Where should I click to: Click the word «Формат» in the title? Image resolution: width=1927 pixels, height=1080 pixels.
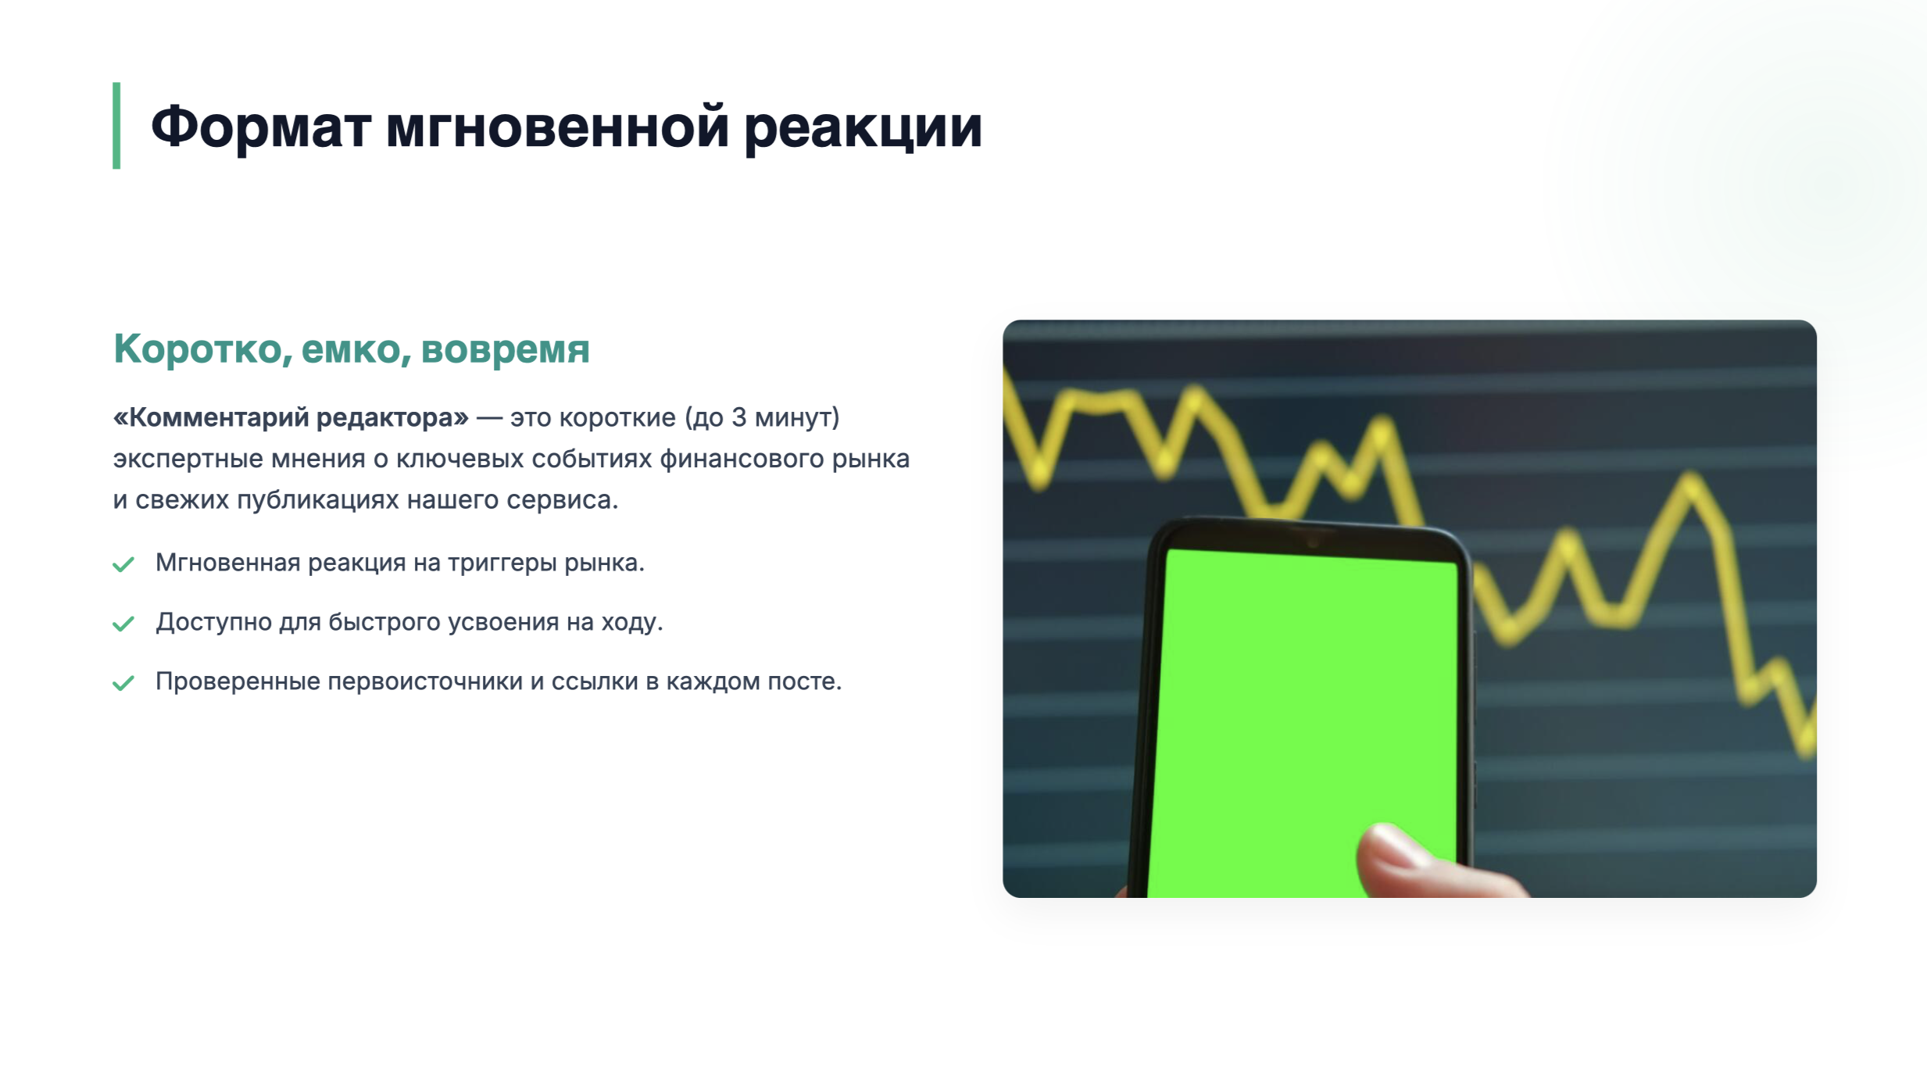coord(261,127)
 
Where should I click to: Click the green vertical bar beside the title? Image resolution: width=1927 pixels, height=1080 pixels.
coord(116,125)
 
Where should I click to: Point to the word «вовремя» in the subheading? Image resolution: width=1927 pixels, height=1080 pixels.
coord(505,349)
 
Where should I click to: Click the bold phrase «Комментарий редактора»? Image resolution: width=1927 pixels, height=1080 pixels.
coord(291,418)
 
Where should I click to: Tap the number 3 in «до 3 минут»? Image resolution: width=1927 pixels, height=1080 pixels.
coord(738,417)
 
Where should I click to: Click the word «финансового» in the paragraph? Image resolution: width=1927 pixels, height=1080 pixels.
coord(742,459)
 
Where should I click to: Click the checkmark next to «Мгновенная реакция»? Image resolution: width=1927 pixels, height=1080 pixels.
coord(123,564)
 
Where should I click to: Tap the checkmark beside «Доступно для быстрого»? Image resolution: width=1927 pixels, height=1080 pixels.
coord(123,624)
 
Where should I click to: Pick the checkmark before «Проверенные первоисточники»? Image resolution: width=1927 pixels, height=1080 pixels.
coord(123,683)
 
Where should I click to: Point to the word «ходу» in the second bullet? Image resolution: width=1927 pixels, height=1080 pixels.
coord(631,623)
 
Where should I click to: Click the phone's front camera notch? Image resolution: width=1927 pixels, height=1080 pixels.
coord(1313,540)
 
